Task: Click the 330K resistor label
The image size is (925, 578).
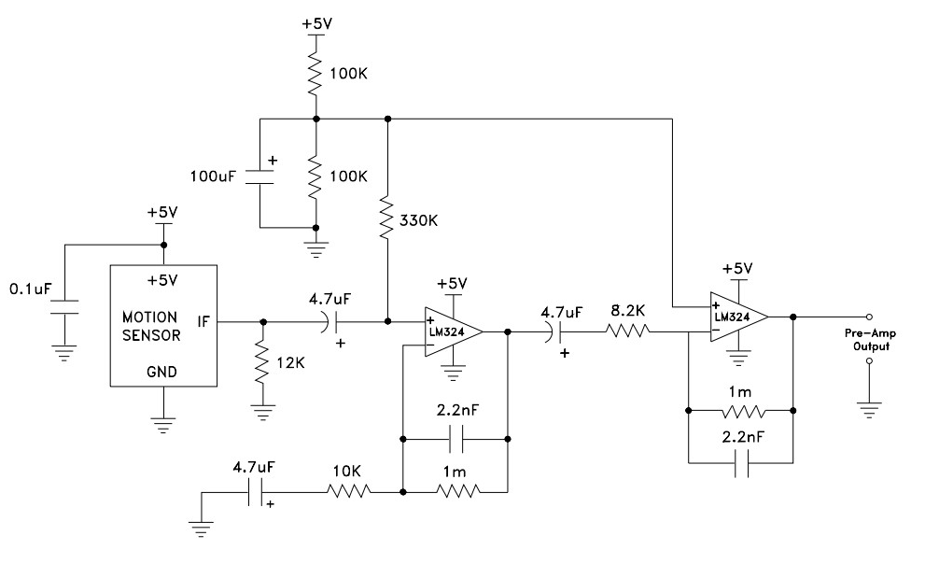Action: pos(418,220)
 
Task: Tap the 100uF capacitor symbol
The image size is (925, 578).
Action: pos(259,177)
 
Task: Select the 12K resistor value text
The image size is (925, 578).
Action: pos(291,363)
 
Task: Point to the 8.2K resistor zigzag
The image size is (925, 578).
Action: pos(627,331)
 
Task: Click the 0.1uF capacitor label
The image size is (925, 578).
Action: pos(31,289)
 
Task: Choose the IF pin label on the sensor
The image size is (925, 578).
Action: pos(203,322)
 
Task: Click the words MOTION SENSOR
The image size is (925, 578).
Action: pos(151,327)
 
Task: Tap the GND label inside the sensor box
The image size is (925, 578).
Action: pos(161,372)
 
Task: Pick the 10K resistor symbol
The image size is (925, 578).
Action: pos(349,490)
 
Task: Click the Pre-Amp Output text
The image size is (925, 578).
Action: pos(871,340)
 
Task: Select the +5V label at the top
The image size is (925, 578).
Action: pos(316,24)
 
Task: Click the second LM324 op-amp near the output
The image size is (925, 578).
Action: pos(738,317)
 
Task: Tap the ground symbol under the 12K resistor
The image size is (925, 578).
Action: pos(262,412)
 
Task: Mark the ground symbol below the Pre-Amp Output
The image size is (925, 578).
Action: pos(869,410)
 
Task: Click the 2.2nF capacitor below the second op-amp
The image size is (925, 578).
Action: pos(741,462)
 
